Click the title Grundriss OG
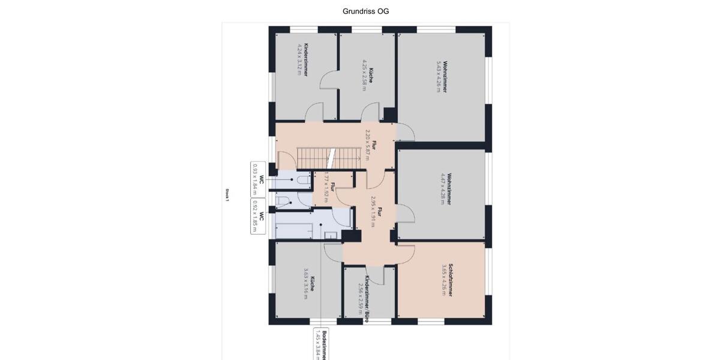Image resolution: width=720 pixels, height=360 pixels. [365, 11]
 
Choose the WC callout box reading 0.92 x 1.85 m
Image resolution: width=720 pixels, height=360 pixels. [258, 215]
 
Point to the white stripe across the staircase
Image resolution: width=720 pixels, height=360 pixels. [329, 158]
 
